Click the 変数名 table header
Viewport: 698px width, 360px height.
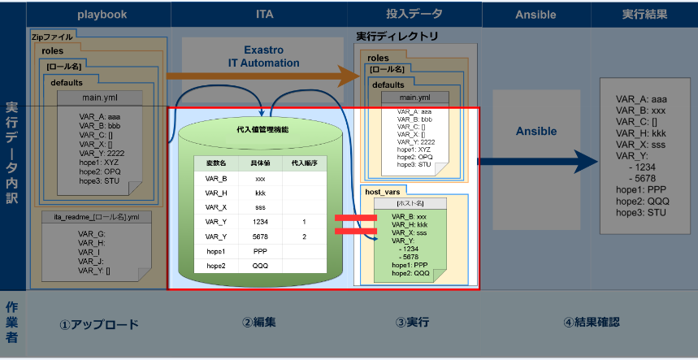[215, 163]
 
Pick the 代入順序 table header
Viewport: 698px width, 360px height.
[303, 163]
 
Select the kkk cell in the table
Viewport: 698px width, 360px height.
[260, 192]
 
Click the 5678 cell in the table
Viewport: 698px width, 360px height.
[260, 236]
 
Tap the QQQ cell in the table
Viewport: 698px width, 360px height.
[260, 265]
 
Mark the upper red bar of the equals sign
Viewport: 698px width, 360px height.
[355, 218]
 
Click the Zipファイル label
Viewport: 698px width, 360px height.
[52, 37]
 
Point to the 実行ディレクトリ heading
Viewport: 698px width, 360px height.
[397, 37]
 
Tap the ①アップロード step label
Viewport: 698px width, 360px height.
[98, 324]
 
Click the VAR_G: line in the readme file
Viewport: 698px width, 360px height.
[90, 234]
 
